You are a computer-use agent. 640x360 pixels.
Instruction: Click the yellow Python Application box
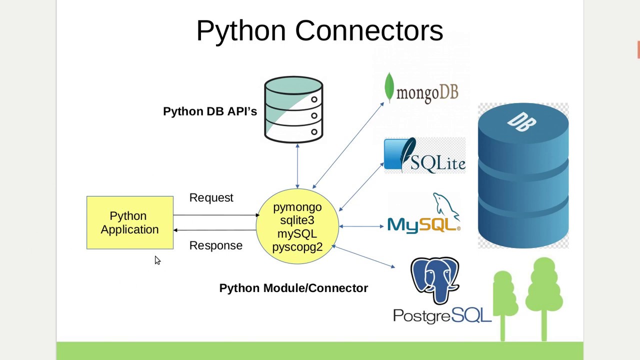click(x=129, y=222)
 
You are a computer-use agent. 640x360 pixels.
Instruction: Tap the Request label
click(x=211, y=198)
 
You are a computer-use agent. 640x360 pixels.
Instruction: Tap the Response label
click(x=215, y=245)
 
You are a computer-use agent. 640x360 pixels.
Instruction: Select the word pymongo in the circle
click(x=297, y=207)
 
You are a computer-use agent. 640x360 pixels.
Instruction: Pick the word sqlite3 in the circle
click(x=297, y=220)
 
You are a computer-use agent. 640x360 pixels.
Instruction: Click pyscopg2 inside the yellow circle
click(x=297, y=247)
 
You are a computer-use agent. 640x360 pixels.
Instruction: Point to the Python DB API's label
click(x=209, y=111)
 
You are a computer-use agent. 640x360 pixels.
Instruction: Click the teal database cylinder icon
click(x=293, y=109)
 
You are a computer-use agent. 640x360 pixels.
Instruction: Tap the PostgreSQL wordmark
click(x=442, y=315)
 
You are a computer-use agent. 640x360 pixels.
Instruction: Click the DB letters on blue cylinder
click(x=521, y=121)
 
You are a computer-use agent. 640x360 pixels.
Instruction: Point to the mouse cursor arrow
click(x=157, y=260)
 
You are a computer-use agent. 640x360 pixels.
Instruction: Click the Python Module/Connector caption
click(x=293, y=288)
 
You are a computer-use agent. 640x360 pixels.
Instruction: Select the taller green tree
click(x=544, y=295)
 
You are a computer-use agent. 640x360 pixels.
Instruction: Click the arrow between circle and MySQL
click(x=361, y=226)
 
